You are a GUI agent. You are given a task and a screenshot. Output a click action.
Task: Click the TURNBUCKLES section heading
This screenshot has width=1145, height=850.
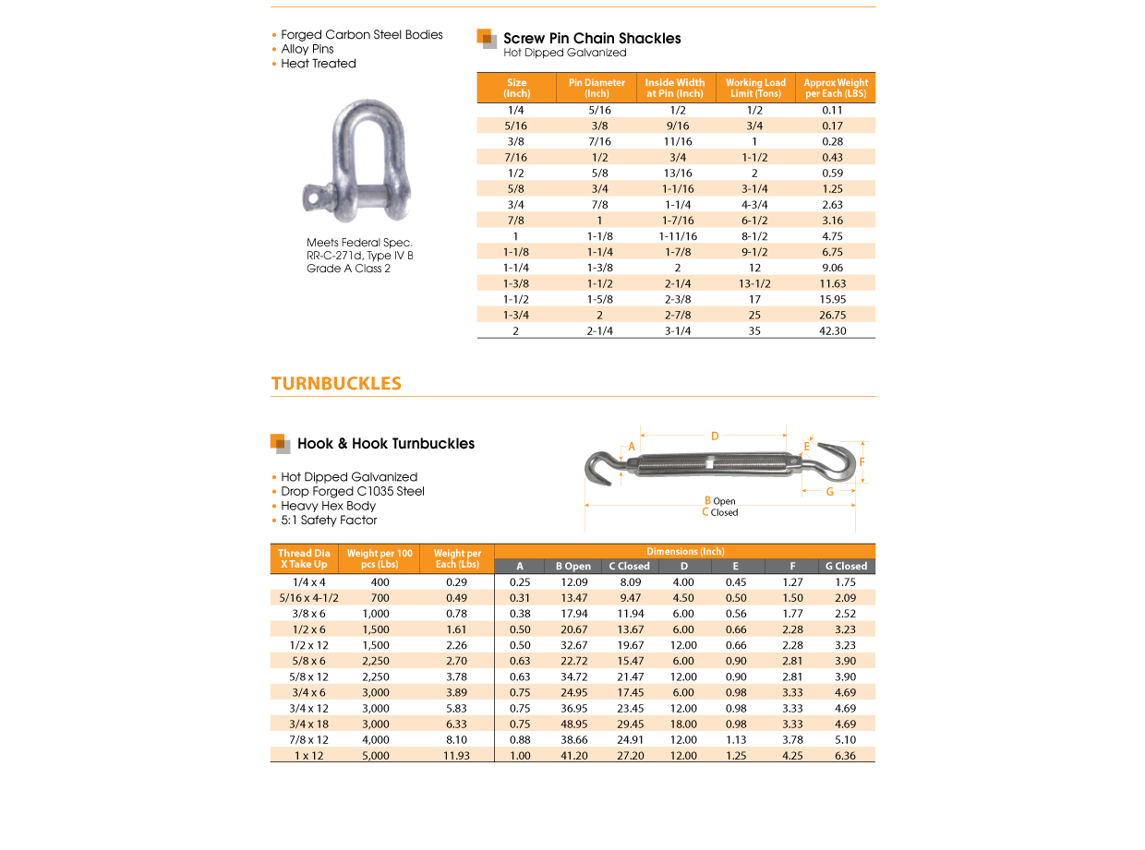pyautogui.click(x=336, y=384)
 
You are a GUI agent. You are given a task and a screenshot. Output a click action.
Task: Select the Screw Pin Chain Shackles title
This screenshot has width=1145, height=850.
pyautogui.click(x=592, y=39)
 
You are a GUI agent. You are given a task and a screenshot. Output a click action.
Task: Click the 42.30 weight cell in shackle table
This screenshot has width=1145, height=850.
pyautogui.click(x=833, y=330)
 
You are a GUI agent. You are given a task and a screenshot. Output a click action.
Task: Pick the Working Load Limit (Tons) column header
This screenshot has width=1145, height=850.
pyautogui.click(x=755, y=88)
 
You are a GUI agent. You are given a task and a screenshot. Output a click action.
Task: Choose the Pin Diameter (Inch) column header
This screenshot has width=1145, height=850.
pyautogui.click(x=597, y=88)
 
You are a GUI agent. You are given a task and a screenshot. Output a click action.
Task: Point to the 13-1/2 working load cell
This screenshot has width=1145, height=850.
pyautogui.click(x=754, y=283)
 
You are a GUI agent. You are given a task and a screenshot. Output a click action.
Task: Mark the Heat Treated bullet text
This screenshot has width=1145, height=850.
pyautogui.click(x=319, y=64)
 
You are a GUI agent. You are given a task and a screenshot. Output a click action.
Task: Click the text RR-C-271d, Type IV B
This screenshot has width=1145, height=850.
pyautogui.click(x=360, y=256)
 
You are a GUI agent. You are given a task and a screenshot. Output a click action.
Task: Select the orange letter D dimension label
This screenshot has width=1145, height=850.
pyautogui.click(x=715, y=437)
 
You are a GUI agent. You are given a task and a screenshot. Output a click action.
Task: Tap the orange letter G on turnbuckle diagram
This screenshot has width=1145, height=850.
pyautogui.click(x=829, y=492)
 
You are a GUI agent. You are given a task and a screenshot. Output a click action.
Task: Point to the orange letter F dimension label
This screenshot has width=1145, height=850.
pyautogui.click(x=862, y=461)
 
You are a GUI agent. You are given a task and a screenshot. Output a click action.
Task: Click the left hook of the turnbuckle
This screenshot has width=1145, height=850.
pyautogui.click(x=602, y=465)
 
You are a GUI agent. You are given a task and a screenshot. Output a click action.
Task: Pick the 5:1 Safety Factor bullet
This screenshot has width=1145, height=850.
pyautogui.click(x=330, y=521)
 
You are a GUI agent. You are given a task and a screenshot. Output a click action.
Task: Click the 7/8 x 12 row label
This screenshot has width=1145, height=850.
pyautogui.click(x=308, y=739)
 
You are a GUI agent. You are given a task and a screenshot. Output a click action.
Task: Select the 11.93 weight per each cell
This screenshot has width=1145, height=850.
pyautogui.click(x=456, y=755)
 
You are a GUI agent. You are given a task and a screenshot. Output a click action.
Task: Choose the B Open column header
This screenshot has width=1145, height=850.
pyautogui.click(x=572, y=566)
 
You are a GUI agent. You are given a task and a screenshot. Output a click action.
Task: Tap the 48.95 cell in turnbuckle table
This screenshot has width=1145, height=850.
pyautogui.click(x=573, y=724)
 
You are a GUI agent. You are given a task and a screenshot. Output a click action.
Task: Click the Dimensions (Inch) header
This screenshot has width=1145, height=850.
pyautogui.click(x=684, y=551)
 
